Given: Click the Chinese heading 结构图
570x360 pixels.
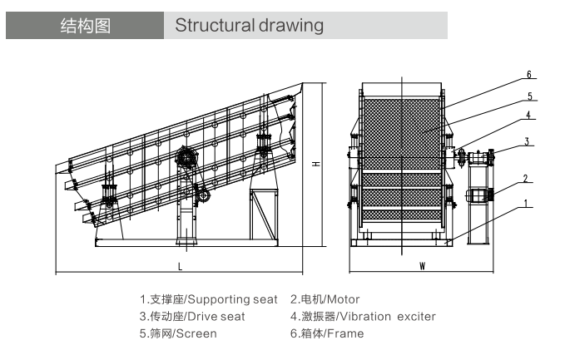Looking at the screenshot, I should [x=86, y=26].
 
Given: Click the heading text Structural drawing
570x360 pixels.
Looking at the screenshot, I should [x=249, y=26].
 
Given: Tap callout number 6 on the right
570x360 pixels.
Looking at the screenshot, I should [x=528, y=74].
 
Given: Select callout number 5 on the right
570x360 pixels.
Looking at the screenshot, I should [x=528, y=96].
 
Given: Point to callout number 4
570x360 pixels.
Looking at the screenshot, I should [x=528, y=116].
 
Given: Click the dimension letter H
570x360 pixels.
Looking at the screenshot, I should [x=316, y=164].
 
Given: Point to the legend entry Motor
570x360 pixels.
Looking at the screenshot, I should [x=325, y=299].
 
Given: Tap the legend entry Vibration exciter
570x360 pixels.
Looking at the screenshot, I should [x=363, y=316].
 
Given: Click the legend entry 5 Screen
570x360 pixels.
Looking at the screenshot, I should [x=178, y=333].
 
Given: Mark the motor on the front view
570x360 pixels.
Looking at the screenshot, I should [x=478, y=195].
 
